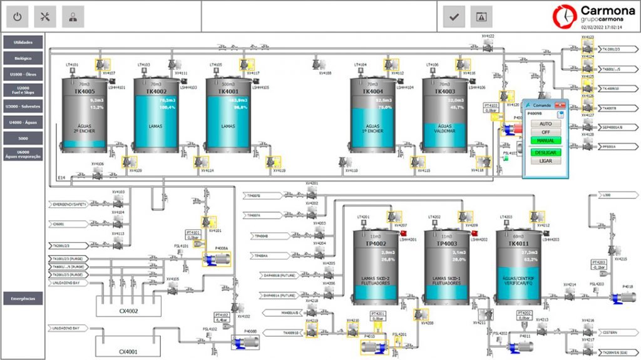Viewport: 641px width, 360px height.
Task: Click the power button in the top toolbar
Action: [18, 17]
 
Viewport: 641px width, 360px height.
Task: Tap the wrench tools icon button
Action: [45, 17]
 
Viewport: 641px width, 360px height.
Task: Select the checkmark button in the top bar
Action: [454, 17]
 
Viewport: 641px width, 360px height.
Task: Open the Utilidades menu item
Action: [23, 42]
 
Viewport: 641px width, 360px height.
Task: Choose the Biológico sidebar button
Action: [23, 58]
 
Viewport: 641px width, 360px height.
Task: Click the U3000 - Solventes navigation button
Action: [23, 106]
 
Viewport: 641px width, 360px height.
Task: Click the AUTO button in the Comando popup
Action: [545, 124]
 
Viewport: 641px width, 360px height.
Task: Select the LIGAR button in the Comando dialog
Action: [545, 161]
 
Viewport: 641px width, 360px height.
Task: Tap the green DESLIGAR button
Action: [545, 152]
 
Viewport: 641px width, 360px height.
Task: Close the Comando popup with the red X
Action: [561, 106]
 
